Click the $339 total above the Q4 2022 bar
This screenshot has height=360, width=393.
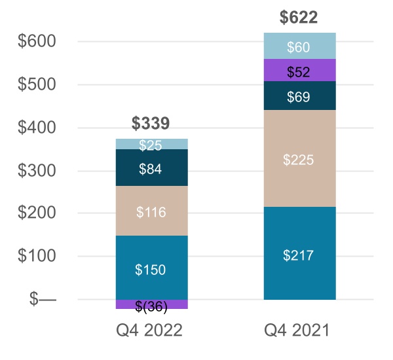coord(151,123)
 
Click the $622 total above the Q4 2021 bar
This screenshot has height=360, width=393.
coord(299,18)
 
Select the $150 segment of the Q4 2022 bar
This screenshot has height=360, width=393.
coord(151,268)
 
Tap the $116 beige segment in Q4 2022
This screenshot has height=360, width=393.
coord(151,211)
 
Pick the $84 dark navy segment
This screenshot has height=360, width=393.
coord(151,169)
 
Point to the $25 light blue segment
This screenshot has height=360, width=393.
coord(151,144)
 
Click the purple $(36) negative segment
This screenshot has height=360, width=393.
coord(151,305)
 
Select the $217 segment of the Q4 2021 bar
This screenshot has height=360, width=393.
coord(299,255)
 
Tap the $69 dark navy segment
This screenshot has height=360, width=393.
coord(299,96)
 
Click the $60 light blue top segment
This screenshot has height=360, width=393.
coord(299,46)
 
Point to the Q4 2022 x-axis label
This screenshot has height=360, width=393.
coord(151,331)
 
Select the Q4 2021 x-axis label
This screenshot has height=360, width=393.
coord(299,331)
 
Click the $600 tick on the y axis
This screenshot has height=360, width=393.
coord(37,41)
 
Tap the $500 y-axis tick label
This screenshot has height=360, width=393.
coord(37,84)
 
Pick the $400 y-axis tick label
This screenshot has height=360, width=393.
coord(37,128)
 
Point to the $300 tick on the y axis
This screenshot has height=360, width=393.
coord(37,171)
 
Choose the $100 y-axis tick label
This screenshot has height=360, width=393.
coord(37,257)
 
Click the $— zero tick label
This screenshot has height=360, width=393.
coord(44,300)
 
